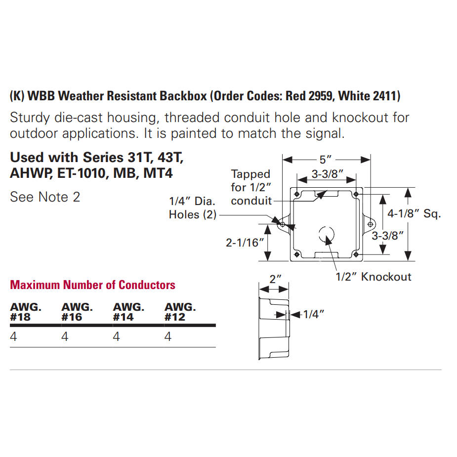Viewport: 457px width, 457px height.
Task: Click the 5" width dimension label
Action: (325, 160)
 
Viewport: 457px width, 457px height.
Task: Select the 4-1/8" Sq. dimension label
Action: (414, 214)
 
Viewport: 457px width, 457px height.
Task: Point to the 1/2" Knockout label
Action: (374, 277)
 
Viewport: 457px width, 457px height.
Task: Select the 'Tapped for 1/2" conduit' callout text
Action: (251, 187)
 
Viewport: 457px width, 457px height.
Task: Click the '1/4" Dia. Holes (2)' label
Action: (192, 208)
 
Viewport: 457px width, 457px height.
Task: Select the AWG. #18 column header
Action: (26, 312)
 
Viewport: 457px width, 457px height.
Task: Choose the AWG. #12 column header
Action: (180, 312)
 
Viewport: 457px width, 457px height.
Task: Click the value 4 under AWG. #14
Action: (116, 337)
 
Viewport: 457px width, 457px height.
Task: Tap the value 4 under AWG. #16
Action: (65, 337)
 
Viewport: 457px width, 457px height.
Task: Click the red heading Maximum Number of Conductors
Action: (93, 285)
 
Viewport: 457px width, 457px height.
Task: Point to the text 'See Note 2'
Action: (45, 197)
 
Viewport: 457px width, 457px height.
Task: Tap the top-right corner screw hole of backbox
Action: (356, 194)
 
